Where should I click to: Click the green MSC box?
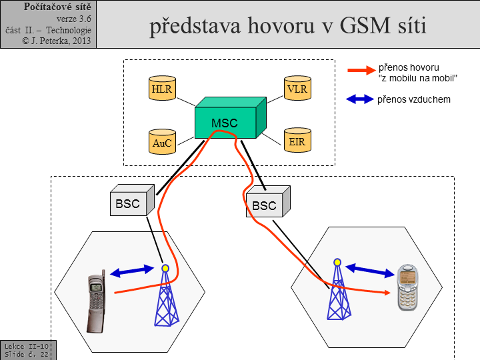pyautogui.click(x=225, y=122)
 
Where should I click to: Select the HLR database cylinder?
pyautogui.click(x=161, y=89)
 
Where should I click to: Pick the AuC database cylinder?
pyautogui.click(x=161, y=142)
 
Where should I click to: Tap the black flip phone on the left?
pyautogui.click(x=96, y=303)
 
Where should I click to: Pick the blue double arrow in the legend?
pyautogui.click(x=360, y=99)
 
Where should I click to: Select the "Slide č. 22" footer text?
pyautogui.click(x=26, y=354)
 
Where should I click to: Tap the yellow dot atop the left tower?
pyautogui.click(x=165, y=269)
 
